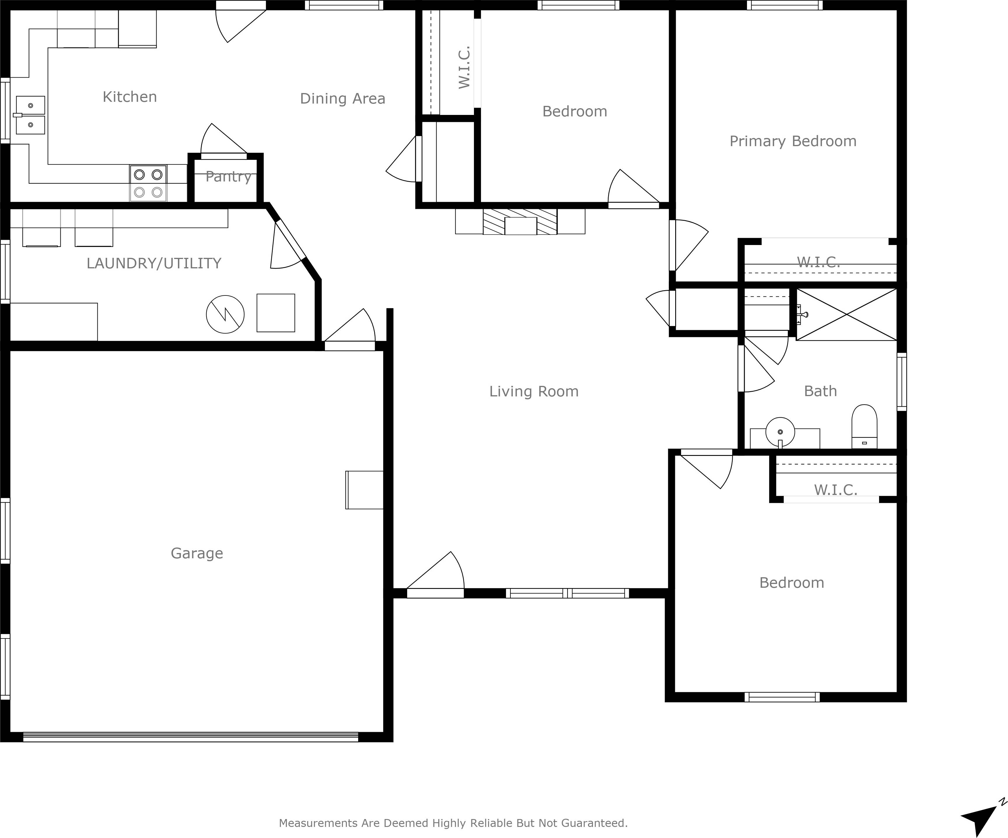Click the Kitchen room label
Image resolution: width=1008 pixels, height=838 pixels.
tap(129, 97)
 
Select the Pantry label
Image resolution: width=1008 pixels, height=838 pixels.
tap(228, 177)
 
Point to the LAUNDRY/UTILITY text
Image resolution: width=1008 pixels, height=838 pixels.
tap(154, 263)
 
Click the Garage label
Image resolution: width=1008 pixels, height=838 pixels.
tap(197, 553)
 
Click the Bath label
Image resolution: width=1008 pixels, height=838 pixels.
tap(820, 391)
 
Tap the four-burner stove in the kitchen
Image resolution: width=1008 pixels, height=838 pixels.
tap(148, 183)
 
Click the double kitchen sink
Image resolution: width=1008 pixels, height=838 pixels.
tap(30, 115)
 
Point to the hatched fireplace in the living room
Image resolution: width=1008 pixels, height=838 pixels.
tap(520, 222)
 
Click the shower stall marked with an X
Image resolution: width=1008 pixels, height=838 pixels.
tap(846, 315)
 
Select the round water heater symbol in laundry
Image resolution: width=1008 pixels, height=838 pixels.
tap(225, 314)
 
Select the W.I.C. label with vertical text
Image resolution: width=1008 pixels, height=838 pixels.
tap(464, 67)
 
